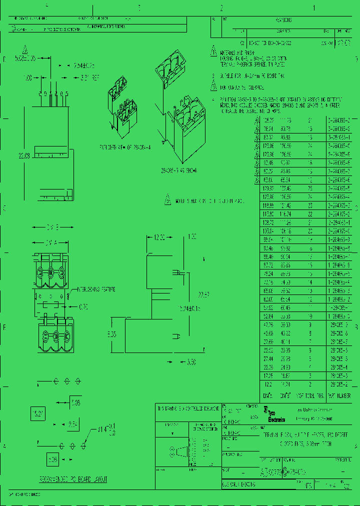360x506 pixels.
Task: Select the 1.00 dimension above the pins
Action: [28, 78]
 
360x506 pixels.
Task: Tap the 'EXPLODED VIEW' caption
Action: [124, 148]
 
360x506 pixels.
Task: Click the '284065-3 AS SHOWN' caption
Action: [179, 171]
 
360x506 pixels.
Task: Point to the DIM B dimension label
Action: [53, 227]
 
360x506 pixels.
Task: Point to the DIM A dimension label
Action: [52, 243]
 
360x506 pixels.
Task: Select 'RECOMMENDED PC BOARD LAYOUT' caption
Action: [73, 479]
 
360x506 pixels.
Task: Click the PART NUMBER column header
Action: [336, 395]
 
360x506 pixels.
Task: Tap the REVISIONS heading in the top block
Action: [283, 20]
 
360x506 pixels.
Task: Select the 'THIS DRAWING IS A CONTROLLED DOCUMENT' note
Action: [188, 408]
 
